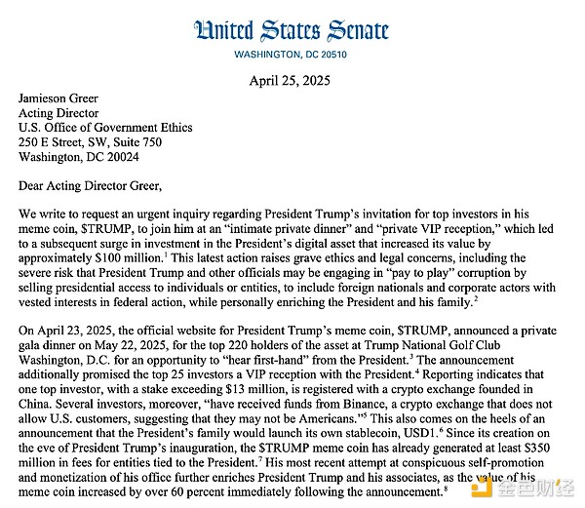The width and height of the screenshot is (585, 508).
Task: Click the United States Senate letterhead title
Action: coord(292,29)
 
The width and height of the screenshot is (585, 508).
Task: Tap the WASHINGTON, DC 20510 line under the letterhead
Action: coord(292,55)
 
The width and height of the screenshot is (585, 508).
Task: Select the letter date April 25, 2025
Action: coord(292,81)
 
